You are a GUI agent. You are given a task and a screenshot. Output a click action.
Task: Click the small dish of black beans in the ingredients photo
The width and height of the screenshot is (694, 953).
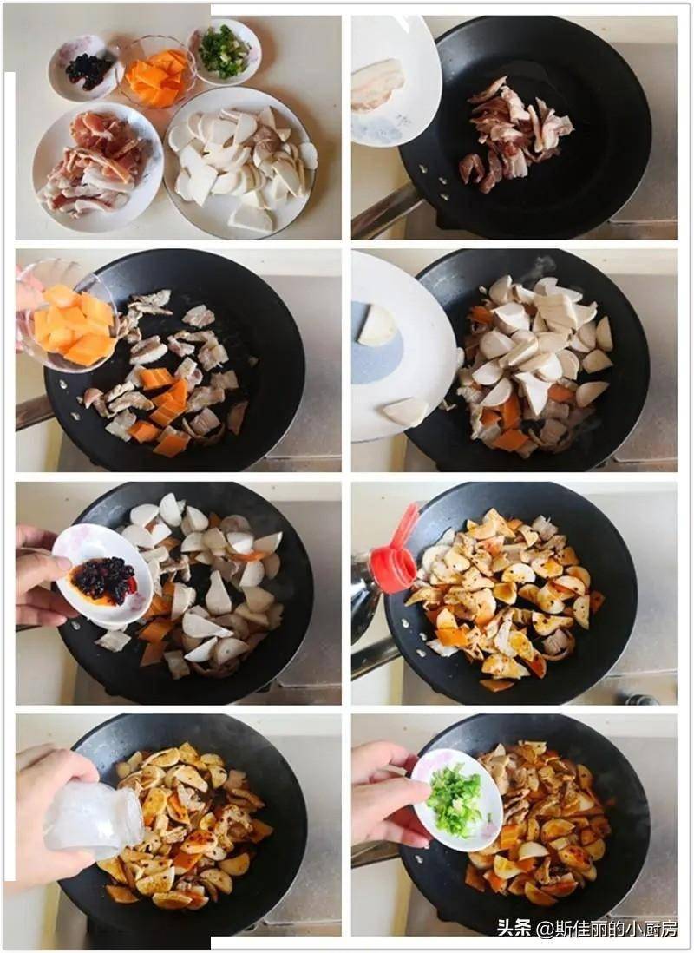point(83,67)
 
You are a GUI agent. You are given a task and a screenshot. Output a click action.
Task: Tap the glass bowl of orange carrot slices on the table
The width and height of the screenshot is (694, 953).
point(156,73)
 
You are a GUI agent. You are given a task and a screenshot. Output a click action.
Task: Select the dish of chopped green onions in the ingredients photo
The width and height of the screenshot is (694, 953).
point(225,52)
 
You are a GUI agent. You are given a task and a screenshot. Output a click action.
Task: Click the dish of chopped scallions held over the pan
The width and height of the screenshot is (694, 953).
point(457,799)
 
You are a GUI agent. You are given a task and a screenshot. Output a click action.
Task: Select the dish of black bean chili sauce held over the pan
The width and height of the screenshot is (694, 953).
point(103,575)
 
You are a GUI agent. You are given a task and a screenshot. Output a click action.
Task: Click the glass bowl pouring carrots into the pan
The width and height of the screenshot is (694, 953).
point(67,316)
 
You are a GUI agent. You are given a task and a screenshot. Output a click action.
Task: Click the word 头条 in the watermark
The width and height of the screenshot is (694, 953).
point(514,928)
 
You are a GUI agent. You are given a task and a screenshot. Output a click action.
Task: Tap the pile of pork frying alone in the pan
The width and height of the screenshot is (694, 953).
point(516,134)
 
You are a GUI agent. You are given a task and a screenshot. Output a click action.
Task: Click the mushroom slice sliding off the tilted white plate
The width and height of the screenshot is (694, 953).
point(405,411)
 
